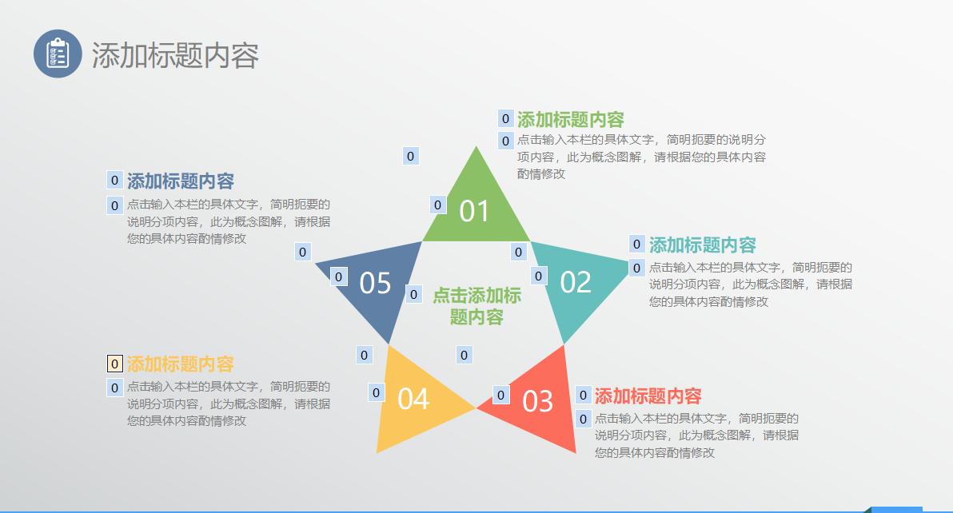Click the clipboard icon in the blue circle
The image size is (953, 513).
tap(58, 54)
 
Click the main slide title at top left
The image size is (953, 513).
tap(175, 55)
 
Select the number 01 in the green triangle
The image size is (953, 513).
tap(474, 211)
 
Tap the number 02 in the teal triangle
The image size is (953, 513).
tap(576, 282)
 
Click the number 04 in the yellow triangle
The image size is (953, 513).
tap(413, 399)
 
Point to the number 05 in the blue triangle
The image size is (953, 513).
tap(375, 283)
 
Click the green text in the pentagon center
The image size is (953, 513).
tap(477, 306)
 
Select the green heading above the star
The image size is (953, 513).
tap(570, 120)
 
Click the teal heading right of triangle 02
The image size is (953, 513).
tap(702, 245)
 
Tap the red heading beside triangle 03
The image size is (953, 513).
tap(648, 396)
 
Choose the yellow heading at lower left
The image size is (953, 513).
tap(180, 364)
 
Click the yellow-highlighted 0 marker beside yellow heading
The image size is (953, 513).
tap(114, 364)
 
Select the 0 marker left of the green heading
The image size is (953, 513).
tap(505, 119)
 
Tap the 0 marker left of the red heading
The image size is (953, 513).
tap(583, 395)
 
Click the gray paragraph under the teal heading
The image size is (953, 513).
tap(750, 284)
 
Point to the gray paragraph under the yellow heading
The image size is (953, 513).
tap(228, 404)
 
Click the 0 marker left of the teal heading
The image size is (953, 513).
tap(636, 245)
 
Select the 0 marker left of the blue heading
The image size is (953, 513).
tap(114, 180)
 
